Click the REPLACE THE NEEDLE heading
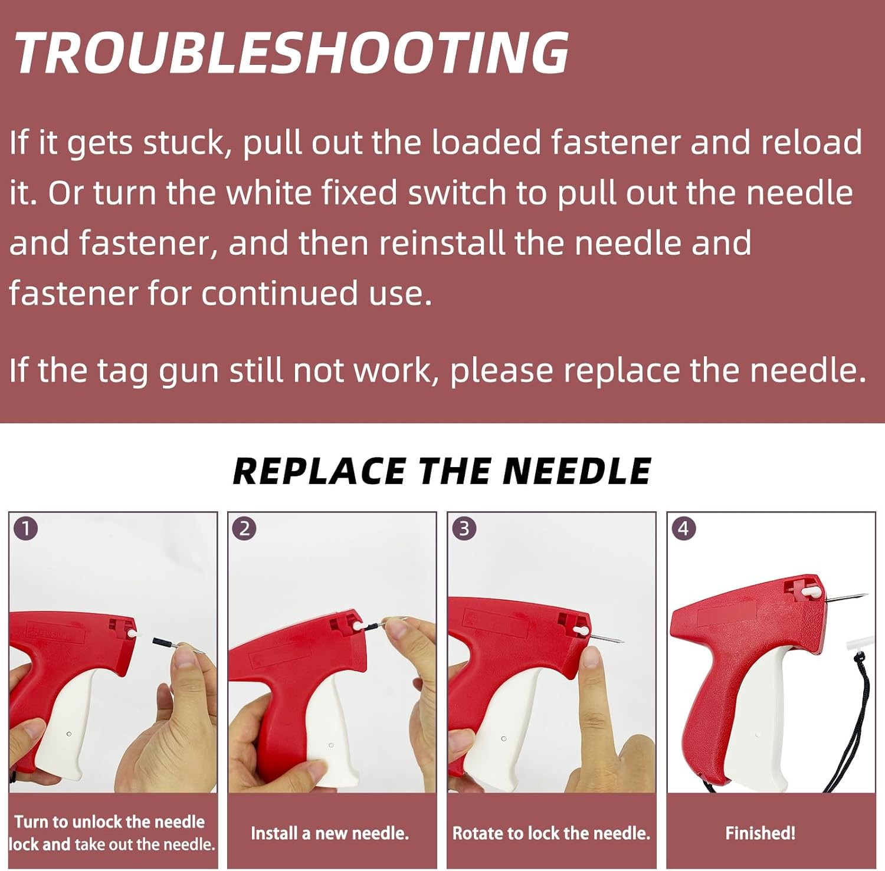[442, 471]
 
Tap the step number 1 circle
[26, 528]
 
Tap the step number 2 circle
[245, 528]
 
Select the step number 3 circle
[464, 528]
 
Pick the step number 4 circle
[684, 528]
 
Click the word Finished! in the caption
[760, 833]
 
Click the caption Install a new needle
[330, 833]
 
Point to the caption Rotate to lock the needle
[551, 833]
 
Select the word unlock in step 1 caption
[98, 821]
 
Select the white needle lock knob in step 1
[133, 632]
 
